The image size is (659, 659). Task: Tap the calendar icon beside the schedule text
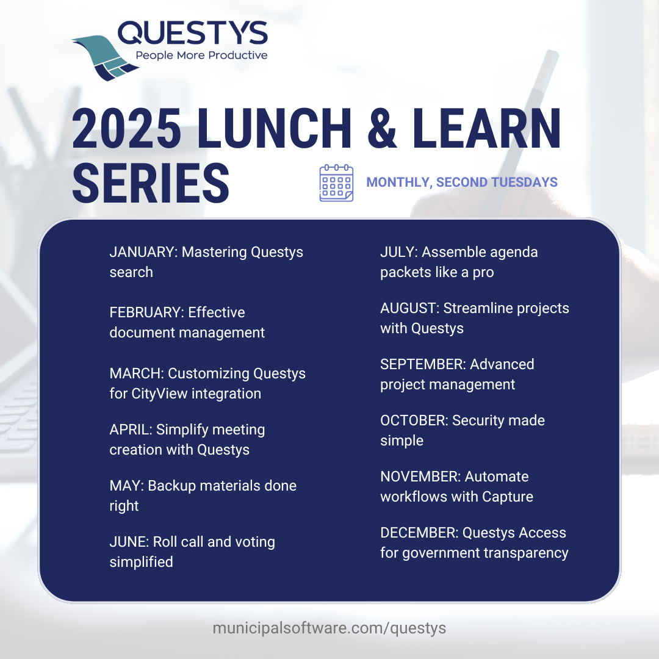coord(336,182)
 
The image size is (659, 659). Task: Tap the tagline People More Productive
coord(201,56)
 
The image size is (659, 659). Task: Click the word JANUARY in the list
coord(143,252)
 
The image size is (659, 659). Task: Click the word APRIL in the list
coord(129,430)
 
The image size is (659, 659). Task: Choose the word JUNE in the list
coord(128,542)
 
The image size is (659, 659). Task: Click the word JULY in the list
coord(398,252)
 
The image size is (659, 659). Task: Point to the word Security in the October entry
coord(478,420)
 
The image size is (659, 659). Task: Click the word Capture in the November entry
coord(508,497)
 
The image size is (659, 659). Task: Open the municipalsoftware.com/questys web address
coord(329,628)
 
